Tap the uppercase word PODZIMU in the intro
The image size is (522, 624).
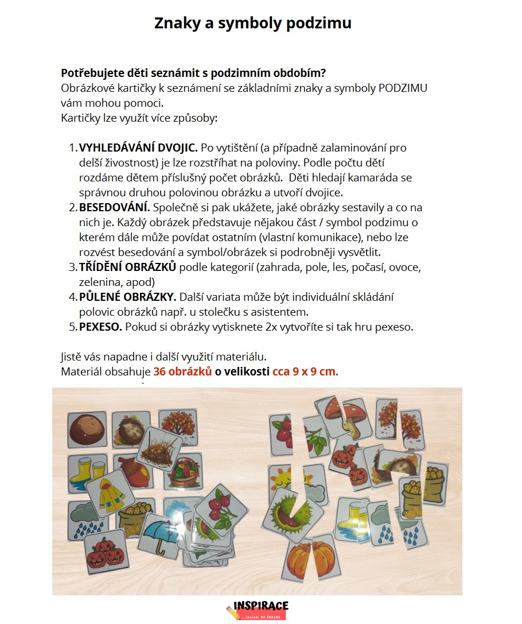coord(402,88)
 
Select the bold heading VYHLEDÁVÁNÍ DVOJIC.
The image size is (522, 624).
coord(138,148)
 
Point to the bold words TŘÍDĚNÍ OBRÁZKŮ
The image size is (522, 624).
coord(128,267)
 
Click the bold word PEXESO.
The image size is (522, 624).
coord(100,327)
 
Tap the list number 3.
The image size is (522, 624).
coord(72,267)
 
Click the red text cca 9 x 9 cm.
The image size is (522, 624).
coord(305,371)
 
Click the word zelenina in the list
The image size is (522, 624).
coord(99,282)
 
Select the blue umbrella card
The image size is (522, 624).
coord(160,534)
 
